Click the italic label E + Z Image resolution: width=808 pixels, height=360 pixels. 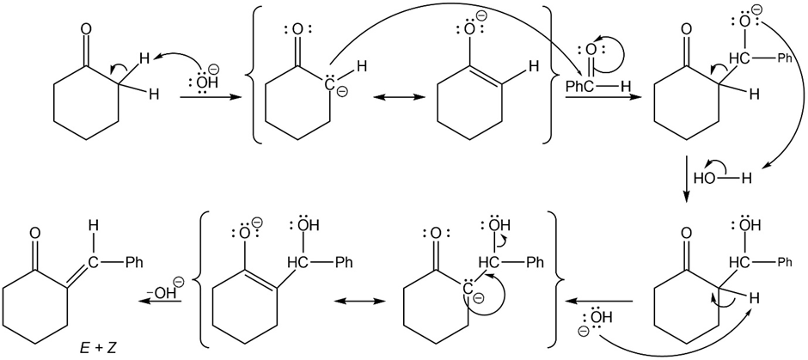[x=102, y=350]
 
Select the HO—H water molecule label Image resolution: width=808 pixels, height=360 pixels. [x=721, y=179]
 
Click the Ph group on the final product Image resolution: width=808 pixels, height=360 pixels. [x=133, y=263]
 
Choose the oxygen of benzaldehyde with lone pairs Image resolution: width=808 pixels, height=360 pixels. [x=591, y=50]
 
